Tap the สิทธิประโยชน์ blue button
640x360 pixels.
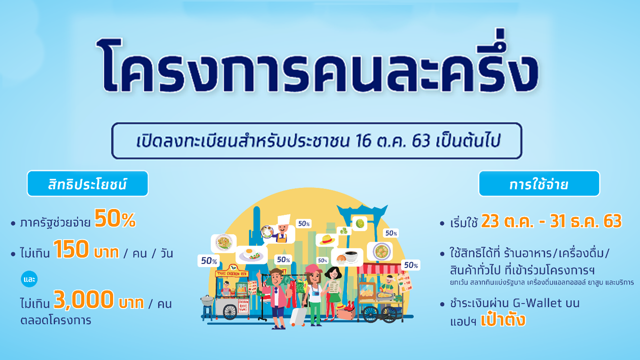pos(87,183)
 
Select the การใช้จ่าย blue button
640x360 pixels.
pos(539,183)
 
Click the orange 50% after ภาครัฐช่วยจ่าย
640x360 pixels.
pos(115,218)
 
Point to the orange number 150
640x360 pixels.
pos(71,249)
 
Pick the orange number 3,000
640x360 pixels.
pos(84,299)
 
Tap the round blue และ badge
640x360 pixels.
pos(29,279)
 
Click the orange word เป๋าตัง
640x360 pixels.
pos(503,319)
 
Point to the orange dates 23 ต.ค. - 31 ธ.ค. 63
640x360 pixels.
pos(551,221)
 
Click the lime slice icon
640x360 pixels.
pos(359,223)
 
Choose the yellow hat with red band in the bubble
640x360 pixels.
pos(327,239)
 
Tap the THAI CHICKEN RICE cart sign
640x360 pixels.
pos(231,273)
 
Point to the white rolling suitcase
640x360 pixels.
pos(298,316)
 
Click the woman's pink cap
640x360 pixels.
pos(313,268)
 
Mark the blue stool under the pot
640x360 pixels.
pos(207,311)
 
